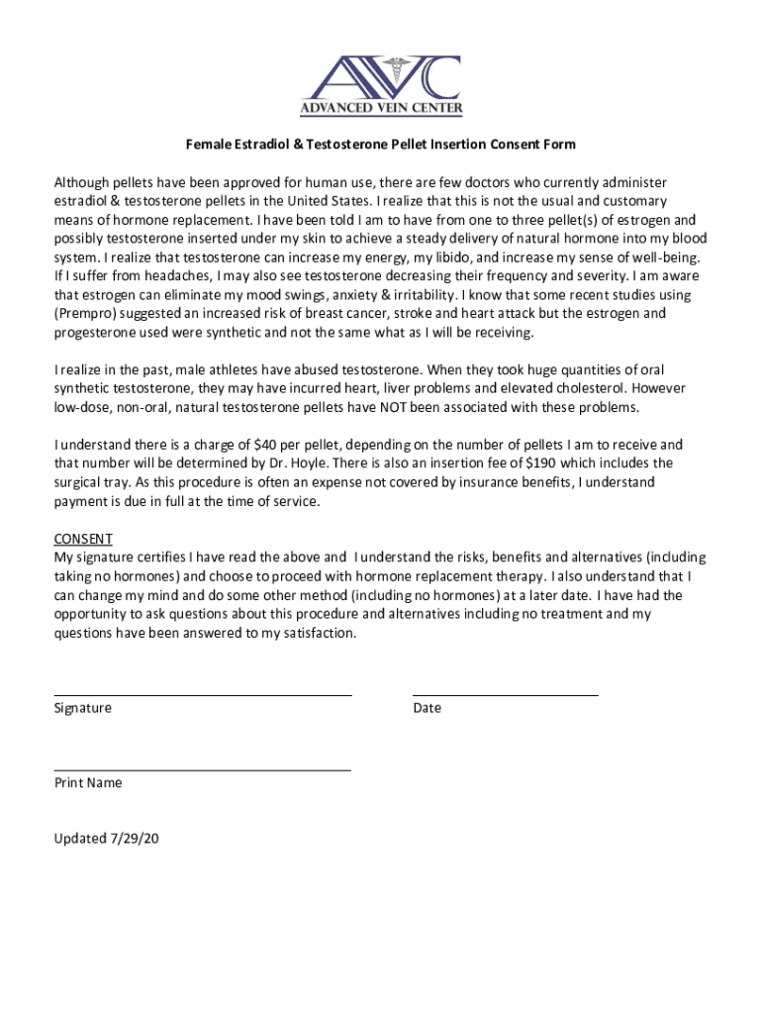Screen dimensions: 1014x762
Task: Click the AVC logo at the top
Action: pyautogui.click(x=380, y=78)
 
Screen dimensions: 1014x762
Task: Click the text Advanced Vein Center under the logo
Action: pyautogui.click(x=380, y=109)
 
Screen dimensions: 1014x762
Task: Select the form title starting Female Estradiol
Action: pyautogui.click(x=380, y=145)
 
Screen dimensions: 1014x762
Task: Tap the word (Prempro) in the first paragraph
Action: pyautogui.click(x=85, y=313)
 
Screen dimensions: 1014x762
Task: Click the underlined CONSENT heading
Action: pyautogui.click(x=83, y=539)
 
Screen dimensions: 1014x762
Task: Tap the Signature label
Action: pyautogui.click(x=83, y=708)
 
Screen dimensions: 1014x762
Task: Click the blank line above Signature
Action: pyautogui.click(x=203, y=695)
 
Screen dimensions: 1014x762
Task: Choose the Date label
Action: pyautogui.click(x=428, y=708)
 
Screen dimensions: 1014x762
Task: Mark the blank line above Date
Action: pyautogui.click(x=505, y=695)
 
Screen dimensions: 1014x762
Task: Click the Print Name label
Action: pyautogui.click(x=89, y=782)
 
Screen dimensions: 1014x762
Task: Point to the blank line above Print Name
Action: pyautogui.click(x=203, y=769)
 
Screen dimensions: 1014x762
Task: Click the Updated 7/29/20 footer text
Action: pyautogui.click(x=107, y=839)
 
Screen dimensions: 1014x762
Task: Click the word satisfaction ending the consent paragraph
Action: pyautogui.click(x=315, y=633)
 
